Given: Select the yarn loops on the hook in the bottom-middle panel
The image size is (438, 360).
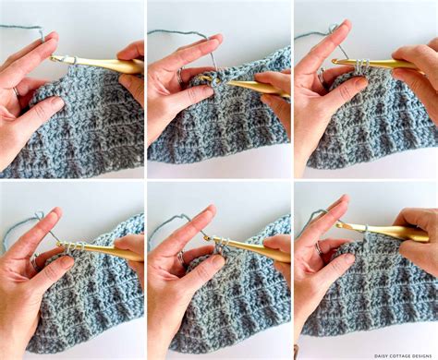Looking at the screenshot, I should [220, 244].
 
